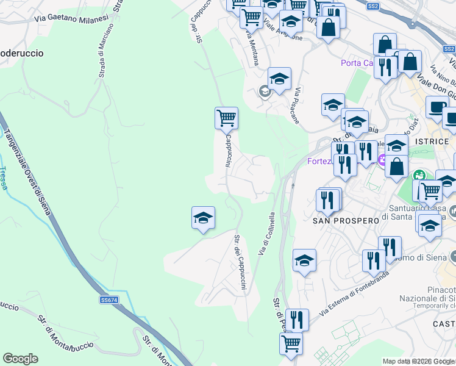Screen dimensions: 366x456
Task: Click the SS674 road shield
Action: [109, 300]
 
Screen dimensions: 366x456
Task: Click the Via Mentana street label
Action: [252, 47]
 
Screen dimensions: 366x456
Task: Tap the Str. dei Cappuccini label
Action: [240, 263]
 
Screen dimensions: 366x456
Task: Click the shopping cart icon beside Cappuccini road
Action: [226, 117]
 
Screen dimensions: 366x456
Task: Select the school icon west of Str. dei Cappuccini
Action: [203, 217]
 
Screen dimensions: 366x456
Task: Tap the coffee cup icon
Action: [436, 107]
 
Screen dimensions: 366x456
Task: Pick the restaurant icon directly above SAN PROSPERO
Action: [328, 199]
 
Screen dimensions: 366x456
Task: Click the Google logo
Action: [20, 359]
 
